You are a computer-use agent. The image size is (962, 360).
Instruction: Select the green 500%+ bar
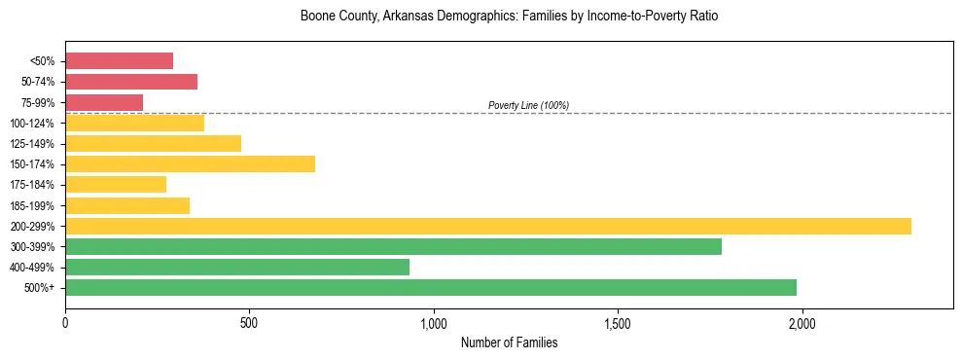point(431,287)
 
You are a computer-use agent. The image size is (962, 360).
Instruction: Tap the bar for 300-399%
point(393,246)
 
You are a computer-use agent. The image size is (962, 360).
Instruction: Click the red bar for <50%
point(119,61)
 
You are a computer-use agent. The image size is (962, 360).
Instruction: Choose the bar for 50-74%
point(131,82)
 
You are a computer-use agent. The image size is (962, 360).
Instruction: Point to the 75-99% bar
point(104,102)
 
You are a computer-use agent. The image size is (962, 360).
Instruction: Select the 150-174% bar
point(190,163)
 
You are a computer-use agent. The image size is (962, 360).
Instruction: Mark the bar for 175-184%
point(116,184)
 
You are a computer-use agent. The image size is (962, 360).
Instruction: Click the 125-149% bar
point(153,143)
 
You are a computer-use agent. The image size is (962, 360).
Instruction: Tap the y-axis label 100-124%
point(32,124)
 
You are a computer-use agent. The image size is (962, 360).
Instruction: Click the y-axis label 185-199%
point(32,205)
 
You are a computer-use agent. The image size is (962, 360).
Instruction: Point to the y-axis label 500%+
point(40,288)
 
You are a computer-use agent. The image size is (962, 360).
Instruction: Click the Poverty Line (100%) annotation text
point(528,105)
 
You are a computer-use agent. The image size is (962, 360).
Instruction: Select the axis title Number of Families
point(509,342)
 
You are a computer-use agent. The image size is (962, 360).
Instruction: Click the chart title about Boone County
point(509,17)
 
